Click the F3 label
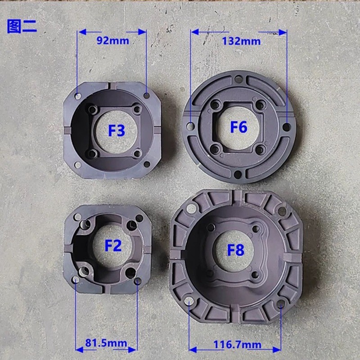[117, 130]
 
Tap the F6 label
[239, 127]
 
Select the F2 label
[113, 245]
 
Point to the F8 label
[235, 250]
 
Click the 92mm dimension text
[113, 40]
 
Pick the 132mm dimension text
[241, 41]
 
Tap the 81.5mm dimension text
[106, 343]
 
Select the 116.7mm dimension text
[238, 344]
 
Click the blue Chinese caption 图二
[22, 27]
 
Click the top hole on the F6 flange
[238, 79]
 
